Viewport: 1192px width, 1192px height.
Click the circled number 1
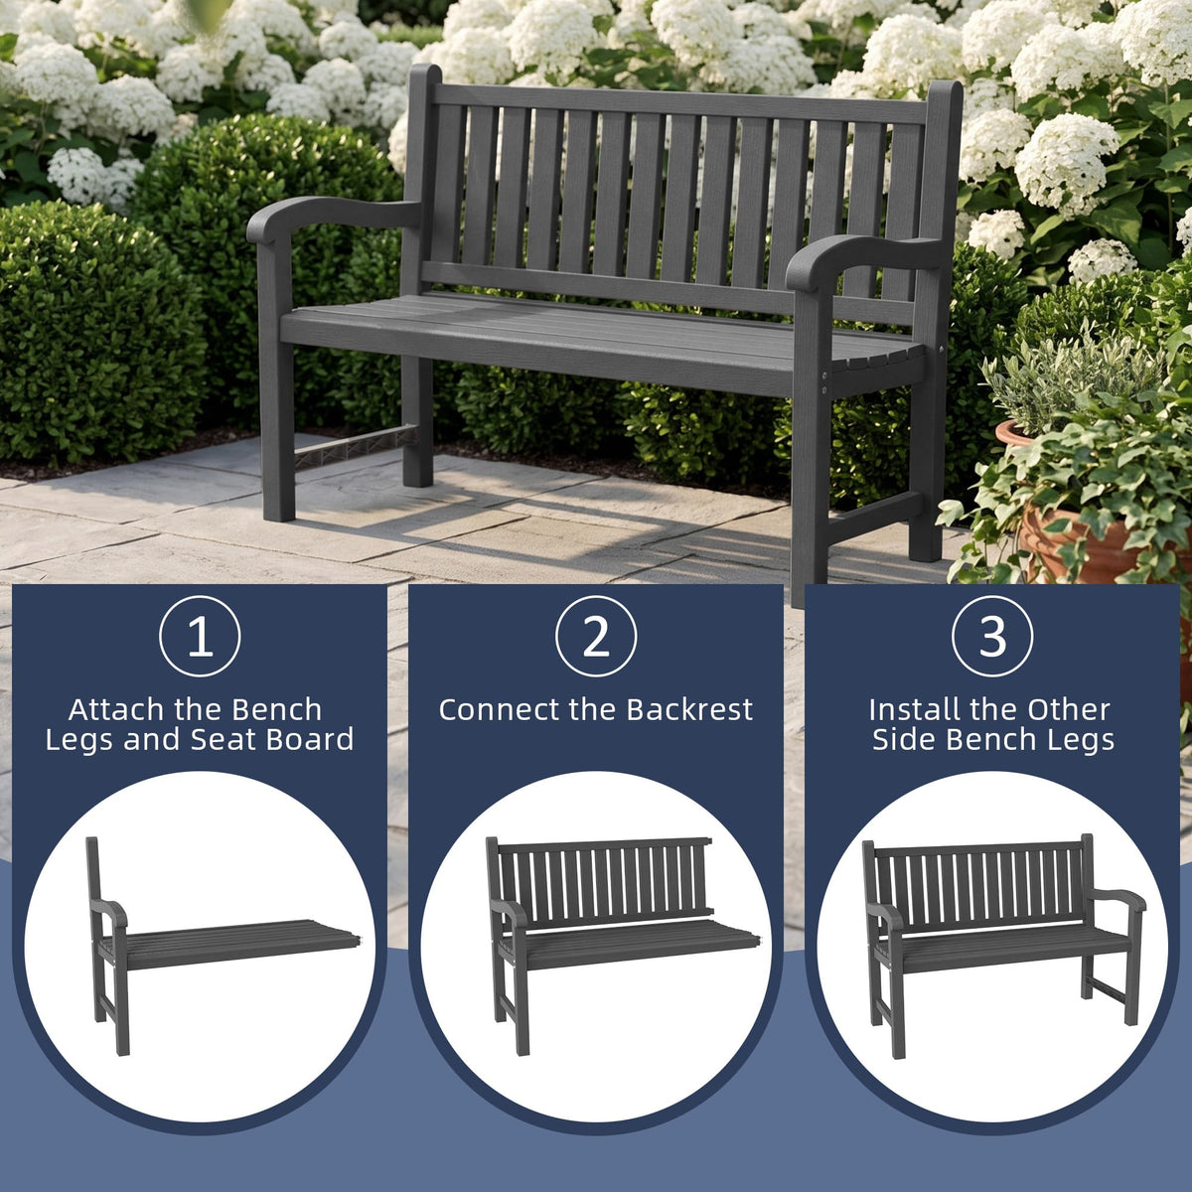pyautogui.click(x=200, y=637)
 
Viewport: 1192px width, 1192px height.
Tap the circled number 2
pyautogui.click(x=596, y=637)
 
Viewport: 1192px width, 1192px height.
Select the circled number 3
pyautogui.click(x=992, y=637)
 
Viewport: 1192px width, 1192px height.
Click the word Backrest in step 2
pyautogui.click(x=689, y=709)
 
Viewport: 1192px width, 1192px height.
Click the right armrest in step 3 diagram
pyautogui.click(x=1122, y=900)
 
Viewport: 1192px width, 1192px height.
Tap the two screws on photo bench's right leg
pyautogui.click(x=822, y=382)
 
